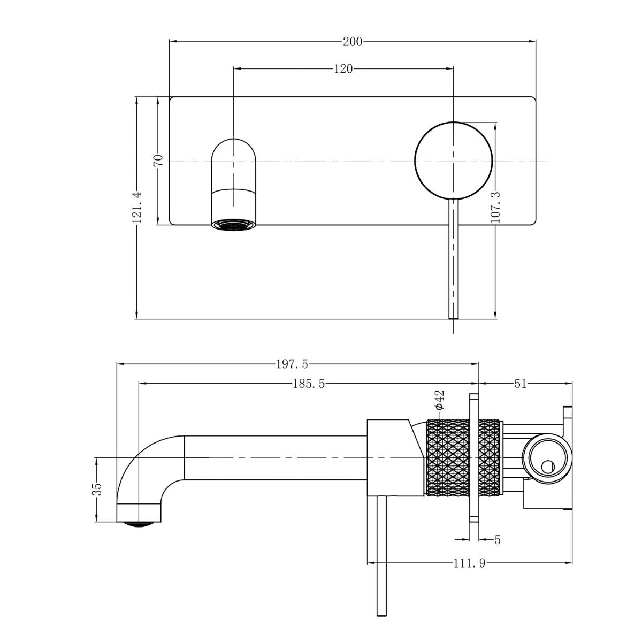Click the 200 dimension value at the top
[x=353, y=41]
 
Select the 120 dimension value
[x=343, y=68]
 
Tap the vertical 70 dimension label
[x=158, y=160]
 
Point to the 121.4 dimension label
[x=136, y=207]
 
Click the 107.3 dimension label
[x=495, y=207]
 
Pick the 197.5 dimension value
[x=292, y=364]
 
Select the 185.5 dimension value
[x=309, y=384]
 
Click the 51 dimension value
[x=520, y=384]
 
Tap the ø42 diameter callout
[x=439, y=400]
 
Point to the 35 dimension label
[x=97, y=489]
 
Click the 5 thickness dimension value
[x=498, y=540]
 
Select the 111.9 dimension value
[x=470, y=563]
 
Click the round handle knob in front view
[x=453, y=160]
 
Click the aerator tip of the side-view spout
[x=139, y=523]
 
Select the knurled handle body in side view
[x=464, y=458]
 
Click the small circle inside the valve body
[x=547, y=467]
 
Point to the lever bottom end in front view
[x=453, y=316]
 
